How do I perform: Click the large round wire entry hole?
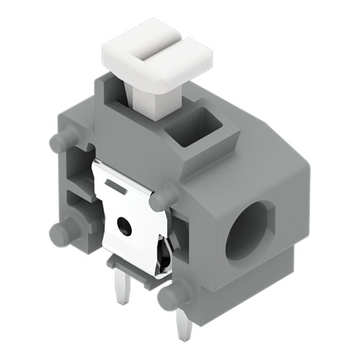click(248, 230)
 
